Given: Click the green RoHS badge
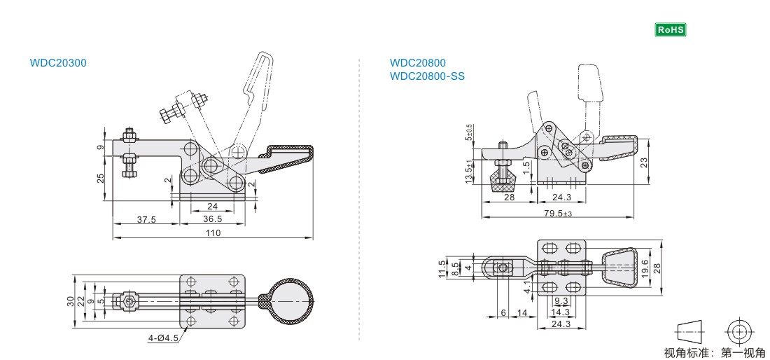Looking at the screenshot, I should click(x=670, y=29).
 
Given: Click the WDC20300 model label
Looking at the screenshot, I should click(x=58, y=62).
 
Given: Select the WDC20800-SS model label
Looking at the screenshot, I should click(x=427, y=76).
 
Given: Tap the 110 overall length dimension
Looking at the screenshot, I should click(x=213, y=233).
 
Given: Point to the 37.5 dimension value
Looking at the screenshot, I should click(x=146, y=219).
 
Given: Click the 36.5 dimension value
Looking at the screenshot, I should click(x=212, y=219).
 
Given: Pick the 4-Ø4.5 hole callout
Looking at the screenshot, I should click(x=162, y=338).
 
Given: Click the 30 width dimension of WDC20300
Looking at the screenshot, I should click(x=70, y=301).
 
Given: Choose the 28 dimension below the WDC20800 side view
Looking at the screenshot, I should click(x=509, y=198).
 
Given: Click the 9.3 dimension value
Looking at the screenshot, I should click(x=561, y=301).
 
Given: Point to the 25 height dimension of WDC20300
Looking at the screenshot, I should click(x=101, y=179).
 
